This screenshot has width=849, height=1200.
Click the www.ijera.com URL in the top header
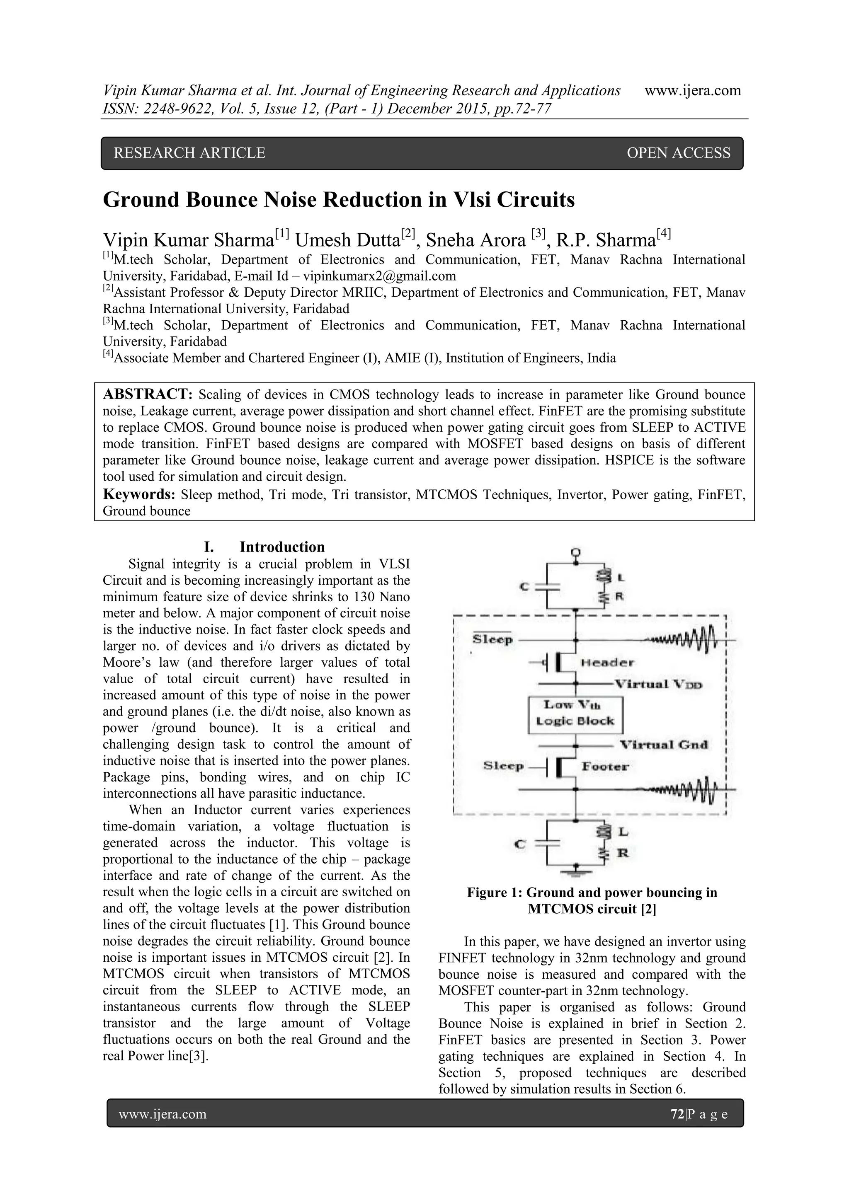point(692,90)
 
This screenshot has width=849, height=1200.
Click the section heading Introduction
point(282,547)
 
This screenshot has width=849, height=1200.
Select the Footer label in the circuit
point(605,767)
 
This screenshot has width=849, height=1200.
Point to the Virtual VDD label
point(658,684)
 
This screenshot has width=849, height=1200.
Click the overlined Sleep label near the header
point(492,640)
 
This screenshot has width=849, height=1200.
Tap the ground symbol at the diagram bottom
point(575,872)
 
